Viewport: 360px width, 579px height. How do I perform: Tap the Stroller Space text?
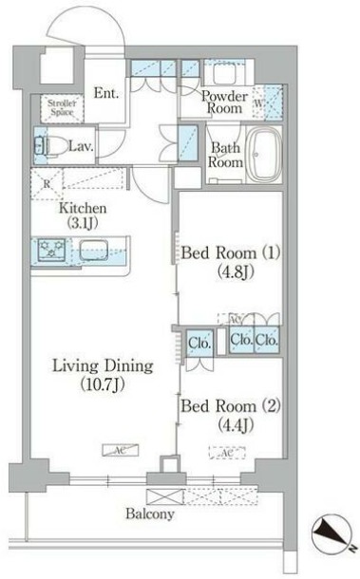[58, 108]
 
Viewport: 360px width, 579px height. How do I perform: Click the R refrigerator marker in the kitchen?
[47, 184]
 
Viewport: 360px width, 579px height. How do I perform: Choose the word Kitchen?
[83, 208]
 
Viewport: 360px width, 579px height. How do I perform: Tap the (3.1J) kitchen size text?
[83, 224]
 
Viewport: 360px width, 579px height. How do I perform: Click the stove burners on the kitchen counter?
[48, 252]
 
